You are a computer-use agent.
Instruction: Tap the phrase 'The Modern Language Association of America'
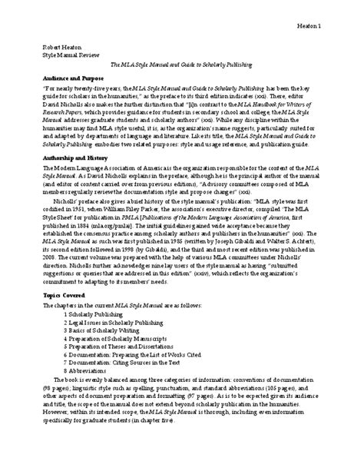point(92,169)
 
